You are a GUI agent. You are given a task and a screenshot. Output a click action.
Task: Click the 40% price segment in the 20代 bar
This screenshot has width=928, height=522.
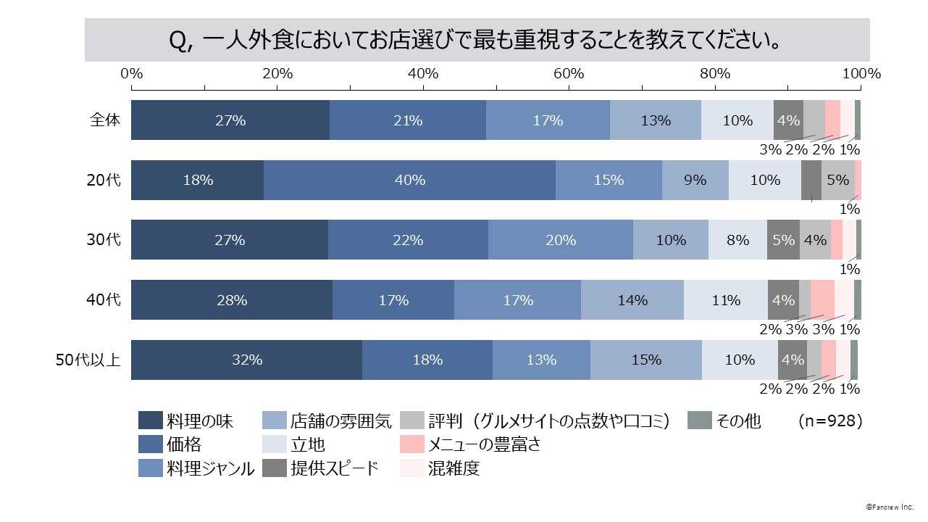click(409, 181)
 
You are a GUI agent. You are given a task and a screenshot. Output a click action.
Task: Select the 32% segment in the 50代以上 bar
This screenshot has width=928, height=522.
click(246, 360)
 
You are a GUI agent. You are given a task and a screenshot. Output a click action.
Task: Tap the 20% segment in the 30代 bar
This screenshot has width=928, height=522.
click(560, 240)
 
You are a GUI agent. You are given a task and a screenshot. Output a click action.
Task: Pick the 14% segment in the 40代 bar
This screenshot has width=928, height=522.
click(632, 300)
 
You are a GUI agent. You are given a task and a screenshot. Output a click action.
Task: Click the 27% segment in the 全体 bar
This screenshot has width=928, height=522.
click(230, 120)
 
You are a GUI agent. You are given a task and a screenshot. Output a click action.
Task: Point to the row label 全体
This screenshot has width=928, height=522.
click(105, 120)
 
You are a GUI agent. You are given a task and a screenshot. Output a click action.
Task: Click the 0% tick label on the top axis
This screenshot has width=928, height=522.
click(132, 73)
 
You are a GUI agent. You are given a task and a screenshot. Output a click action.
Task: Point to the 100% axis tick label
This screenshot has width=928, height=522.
click(861, 73)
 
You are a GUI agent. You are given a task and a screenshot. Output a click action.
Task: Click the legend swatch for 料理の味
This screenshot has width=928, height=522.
click(150, 420)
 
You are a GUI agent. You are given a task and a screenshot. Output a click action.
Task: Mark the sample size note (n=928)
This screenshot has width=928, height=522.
click(829, 420)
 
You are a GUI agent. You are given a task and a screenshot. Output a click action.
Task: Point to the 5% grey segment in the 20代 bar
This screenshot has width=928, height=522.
click(837, 181)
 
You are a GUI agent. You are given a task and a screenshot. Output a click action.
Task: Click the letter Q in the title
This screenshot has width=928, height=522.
click(177, 41)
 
